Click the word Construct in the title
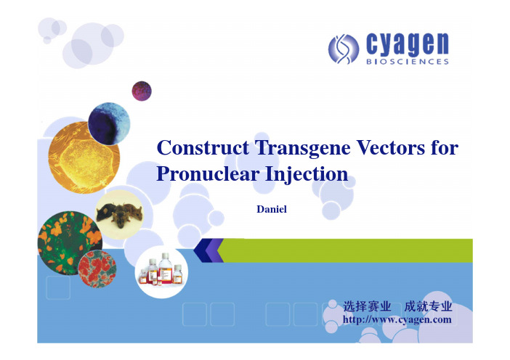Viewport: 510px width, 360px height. (x=203, y=148)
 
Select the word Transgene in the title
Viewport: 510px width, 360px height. (x=303, y=149)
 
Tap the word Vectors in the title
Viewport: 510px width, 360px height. (x=391, y=148)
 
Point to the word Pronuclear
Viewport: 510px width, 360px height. (x=208, y=173)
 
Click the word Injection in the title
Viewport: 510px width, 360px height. (x=307, y=173)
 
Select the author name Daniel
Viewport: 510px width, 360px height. (x=272, y=209)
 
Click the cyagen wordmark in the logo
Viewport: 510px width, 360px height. (x=408, y=44)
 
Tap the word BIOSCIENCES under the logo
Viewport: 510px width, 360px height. (x=408, y=62)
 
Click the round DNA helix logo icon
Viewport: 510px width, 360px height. (x=344, y=49)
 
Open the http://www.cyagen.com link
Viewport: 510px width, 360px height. (x=397, y=319)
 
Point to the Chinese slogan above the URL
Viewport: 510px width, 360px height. (x=397, y=306)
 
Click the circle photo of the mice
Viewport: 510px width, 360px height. (x=119, y=214)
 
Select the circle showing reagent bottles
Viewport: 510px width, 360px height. (x=161, y=272)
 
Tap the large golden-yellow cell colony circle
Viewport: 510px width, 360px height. (x=84, y=158)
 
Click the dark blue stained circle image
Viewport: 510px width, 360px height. (x=109, y=123)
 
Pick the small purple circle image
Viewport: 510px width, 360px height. (x=142, y=91)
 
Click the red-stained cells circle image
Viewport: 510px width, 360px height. (x=97, y=269)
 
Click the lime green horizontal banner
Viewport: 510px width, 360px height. (x=345, y=250)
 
